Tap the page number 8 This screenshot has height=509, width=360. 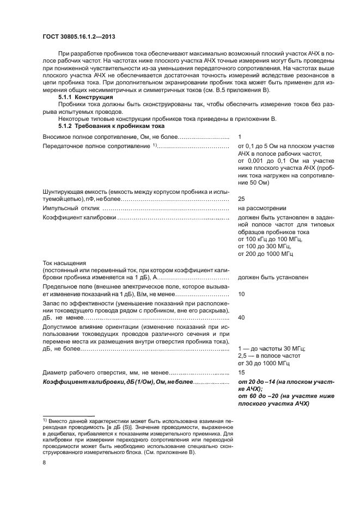pos(45,462)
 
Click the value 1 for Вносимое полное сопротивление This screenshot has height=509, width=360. pos(240,136)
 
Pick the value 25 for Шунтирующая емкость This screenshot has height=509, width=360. pos(242,199)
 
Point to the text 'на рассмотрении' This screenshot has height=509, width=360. pos(262,208)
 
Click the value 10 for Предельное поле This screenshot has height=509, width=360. pos(242,294)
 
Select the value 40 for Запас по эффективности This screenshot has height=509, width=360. pos(242,317)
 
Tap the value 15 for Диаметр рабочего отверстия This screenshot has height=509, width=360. pos(242,372)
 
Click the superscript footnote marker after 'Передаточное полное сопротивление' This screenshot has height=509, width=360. pos(155,145)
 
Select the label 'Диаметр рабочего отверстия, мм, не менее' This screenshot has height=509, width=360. pos(105,372)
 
